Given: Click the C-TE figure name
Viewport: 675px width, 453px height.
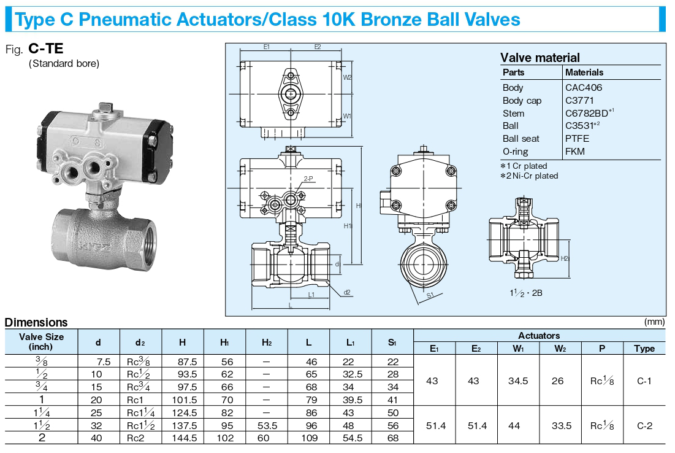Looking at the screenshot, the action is (x=45, y=48).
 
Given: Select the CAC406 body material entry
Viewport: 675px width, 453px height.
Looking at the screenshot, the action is (x=583, y=88).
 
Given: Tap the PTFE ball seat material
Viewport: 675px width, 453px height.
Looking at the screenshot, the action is (x=577, y=139).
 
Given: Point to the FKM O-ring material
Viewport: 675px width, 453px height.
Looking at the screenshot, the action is (x=574, y=151).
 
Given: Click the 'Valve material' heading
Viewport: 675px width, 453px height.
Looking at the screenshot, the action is (x=540, y=58).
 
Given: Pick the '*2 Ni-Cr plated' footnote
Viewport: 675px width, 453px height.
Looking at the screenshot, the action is (x=529, y=176).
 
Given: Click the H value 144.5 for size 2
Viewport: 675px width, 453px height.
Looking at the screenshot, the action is (x=185, y=438).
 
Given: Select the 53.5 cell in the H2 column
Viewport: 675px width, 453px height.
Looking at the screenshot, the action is (x=267, y=426).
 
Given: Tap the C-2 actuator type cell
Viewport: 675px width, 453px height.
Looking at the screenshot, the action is (x=644, y=426).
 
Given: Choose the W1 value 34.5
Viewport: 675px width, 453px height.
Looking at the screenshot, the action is (x=518, y=381).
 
